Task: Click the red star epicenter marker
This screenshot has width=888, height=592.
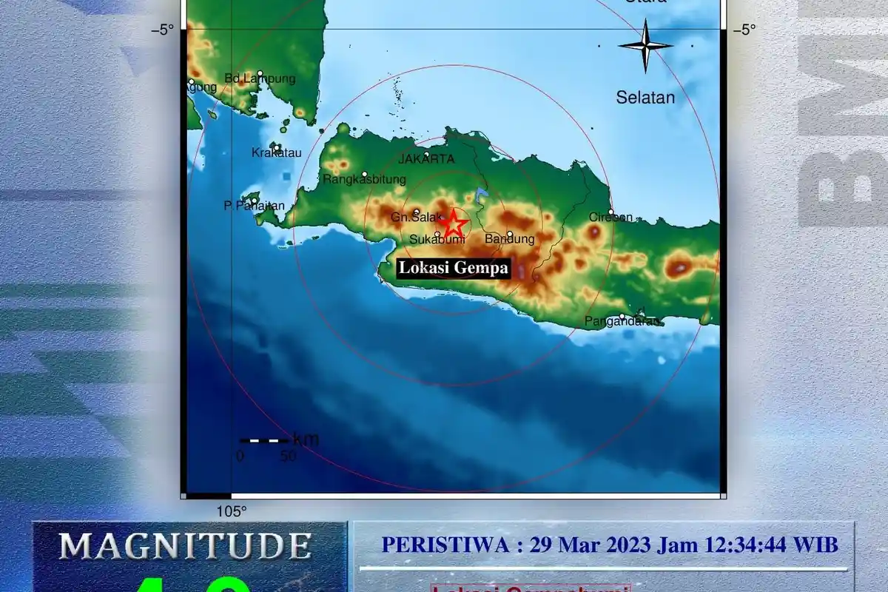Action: (452, 223)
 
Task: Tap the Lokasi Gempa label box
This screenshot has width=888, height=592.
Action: (454, 268)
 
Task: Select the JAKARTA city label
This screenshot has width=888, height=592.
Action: (426, 159)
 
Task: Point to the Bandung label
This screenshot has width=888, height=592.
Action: (509, 239)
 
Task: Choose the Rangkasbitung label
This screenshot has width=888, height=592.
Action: (365, 179)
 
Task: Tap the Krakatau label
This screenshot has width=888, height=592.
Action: (277, 153)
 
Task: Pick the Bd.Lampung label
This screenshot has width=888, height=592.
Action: (260, 78)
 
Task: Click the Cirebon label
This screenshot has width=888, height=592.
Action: (610, 217)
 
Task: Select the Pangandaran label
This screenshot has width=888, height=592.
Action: (622, 321)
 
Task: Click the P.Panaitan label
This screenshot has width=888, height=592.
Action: (254, 206)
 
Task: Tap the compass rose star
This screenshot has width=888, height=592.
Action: (645, 45)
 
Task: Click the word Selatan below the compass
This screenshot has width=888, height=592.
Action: (645, 97)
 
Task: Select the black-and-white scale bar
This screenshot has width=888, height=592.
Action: (264, 440)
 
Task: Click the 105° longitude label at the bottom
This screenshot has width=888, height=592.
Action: (232, 511)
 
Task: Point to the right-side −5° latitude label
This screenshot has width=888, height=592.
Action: (744, 30)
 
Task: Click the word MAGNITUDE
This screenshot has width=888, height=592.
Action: (185, 546)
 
